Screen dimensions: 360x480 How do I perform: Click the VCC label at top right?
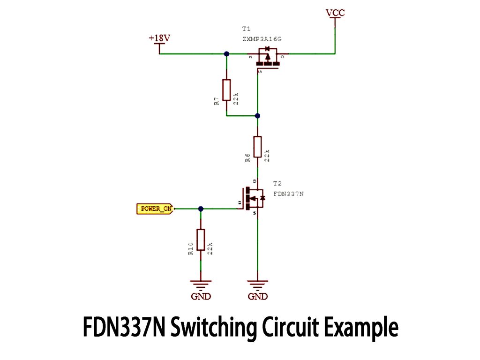tap(335, 13)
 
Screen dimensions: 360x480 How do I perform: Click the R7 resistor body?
tap(226, 90)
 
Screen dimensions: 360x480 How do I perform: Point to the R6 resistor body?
tap(257, 147)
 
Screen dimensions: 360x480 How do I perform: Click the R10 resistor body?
tap(201, 240)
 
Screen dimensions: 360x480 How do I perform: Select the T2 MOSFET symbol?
tap(253, 199)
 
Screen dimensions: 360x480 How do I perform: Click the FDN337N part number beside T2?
tap(288, 194)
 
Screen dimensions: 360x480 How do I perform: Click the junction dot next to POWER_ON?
tap(201, 209)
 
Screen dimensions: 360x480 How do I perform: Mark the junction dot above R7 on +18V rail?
tap(226, 54)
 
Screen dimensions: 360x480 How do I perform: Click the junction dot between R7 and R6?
tap(257, 115)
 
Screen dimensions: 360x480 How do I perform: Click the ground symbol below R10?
tap(201, 284)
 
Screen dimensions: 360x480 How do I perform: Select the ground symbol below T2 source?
tap(257, 284)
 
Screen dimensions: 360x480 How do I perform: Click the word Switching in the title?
tap(213, 327)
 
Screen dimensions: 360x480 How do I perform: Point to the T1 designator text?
tap(247, 29)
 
